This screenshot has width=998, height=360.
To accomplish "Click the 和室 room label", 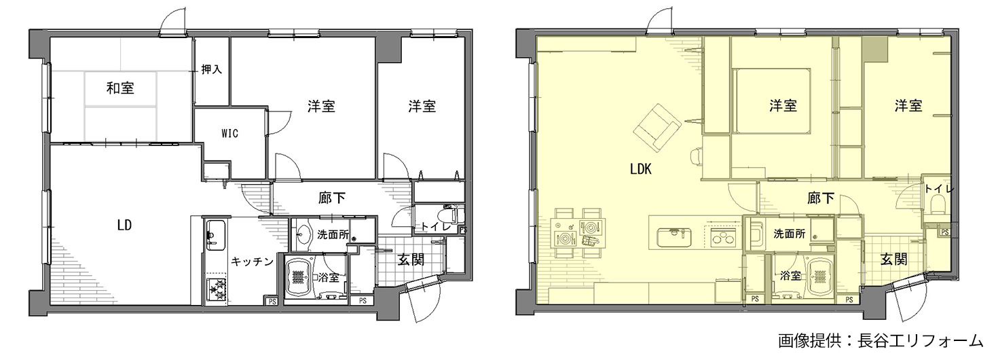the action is click(120, 88).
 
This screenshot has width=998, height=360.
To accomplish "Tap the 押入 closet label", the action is click(211, 69).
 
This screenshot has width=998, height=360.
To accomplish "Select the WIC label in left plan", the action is click(230, 133).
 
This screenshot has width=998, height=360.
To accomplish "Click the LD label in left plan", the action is click(125, 226).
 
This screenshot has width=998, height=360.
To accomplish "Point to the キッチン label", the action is click(252, 262).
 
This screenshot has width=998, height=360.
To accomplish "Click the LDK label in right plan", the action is click(641, 169).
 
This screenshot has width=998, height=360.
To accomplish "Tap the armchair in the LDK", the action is click(657, 128).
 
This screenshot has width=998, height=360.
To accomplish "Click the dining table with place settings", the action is click(578, 232).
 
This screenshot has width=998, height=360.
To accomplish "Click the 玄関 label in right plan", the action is click(893, 259).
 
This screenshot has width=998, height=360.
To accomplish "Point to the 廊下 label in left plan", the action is click(332, 198).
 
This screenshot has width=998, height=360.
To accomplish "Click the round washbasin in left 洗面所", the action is click(304, 234).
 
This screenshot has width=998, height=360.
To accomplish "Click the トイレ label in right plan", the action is click(939, 189).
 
